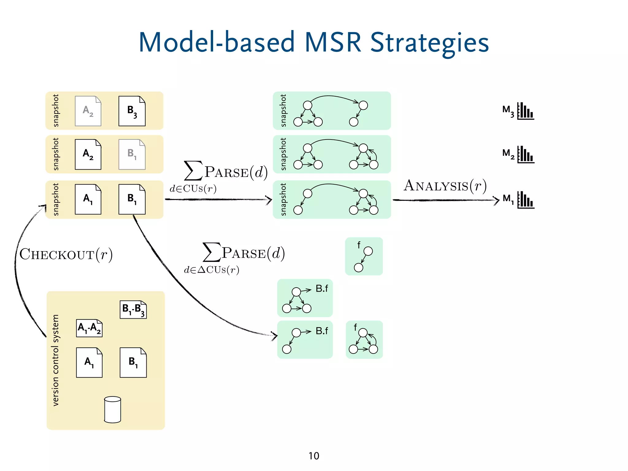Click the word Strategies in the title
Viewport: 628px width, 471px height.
(429, 43)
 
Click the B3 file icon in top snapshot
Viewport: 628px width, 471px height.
(132, 111)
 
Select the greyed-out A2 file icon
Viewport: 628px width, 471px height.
(88, 111)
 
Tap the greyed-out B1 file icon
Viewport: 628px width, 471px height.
(132, 154)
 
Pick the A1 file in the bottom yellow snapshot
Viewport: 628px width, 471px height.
(88, 199)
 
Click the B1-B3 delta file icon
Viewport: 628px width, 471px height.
(133, 309)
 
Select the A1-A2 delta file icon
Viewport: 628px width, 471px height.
(89, 328)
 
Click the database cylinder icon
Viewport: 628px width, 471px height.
(113, 410)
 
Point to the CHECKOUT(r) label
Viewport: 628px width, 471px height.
(66, 255)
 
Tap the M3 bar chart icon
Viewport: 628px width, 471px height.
(526, 111)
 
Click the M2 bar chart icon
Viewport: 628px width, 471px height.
(526, 155)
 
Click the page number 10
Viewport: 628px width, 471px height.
(314, 456)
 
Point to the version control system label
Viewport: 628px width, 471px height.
(56, 360)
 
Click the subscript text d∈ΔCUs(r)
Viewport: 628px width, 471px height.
(212, 270)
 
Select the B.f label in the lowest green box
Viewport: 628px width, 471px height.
(322, 331)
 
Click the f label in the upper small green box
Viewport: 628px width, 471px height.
(358, 245)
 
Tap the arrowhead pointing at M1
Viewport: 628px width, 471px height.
(497, 200)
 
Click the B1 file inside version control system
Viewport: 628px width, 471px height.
(133, 362)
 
